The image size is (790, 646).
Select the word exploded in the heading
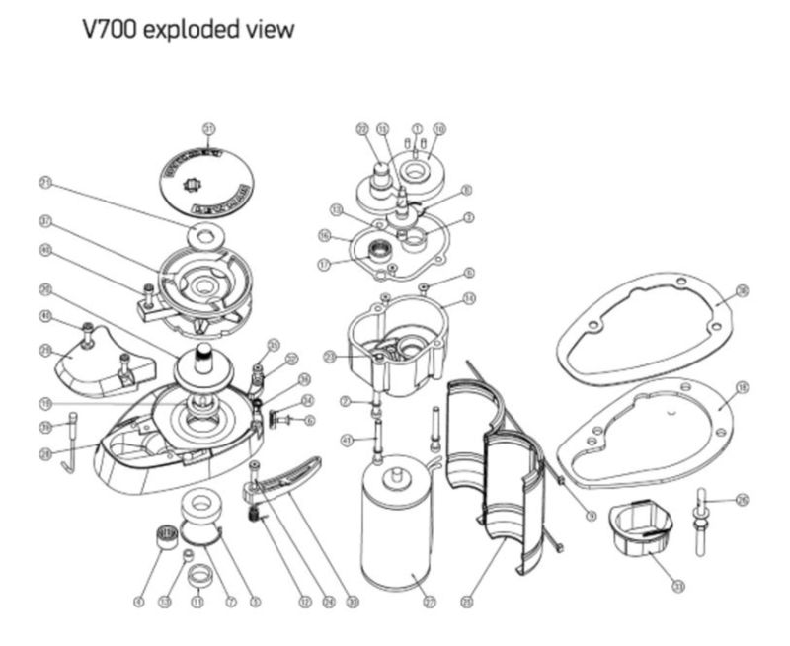click(x=192, y=30)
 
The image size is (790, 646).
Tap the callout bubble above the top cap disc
click(x=208, y=129)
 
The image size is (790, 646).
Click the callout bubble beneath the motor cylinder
click(x=429, y=601)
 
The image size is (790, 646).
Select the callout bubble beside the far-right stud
click(x=743, y=499)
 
